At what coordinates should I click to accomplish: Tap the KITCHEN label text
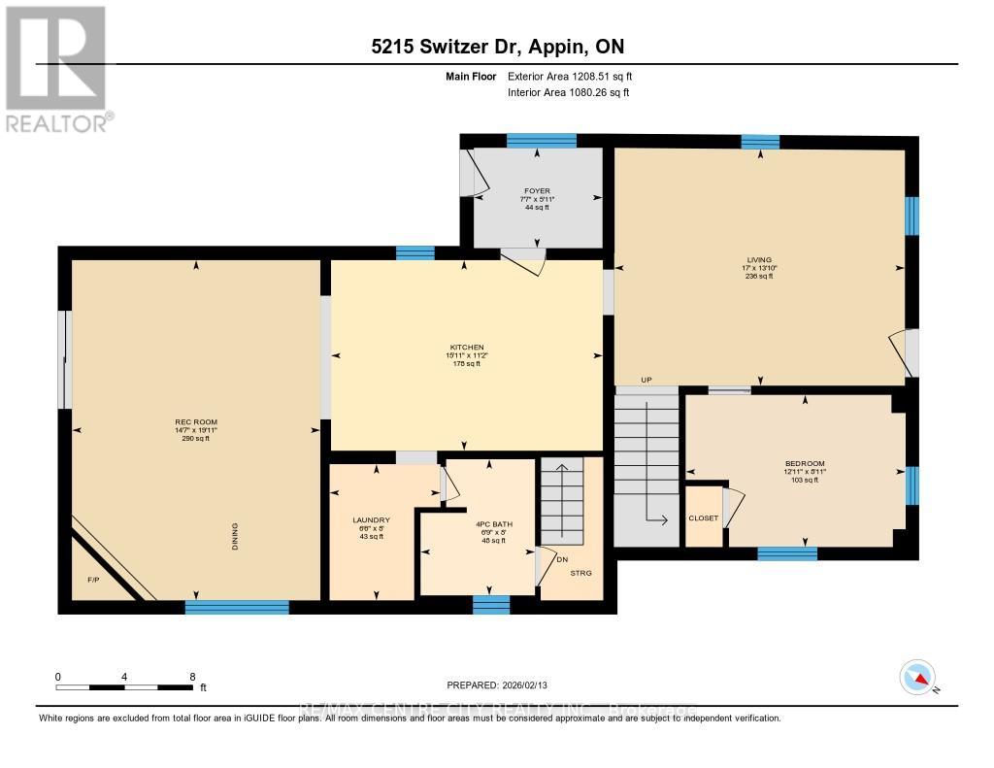coord(466,348)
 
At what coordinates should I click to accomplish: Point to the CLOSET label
coord(704,518)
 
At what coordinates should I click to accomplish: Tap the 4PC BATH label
coord(492,524)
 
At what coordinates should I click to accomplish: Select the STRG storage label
coord(580,573)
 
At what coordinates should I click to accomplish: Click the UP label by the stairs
coord(646,380)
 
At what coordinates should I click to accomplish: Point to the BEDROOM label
coord(805,463)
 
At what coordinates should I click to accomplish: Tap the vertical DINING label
coord(235,537)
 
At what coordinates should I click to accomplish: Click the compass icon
coord(917,677)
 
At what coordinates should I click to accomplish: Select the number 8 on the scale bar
coord(192,677)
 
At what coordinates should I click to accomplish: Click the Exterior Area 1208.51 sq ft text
coord(571,76)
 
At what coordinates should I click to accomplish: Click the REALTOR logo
coord(58,68)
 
